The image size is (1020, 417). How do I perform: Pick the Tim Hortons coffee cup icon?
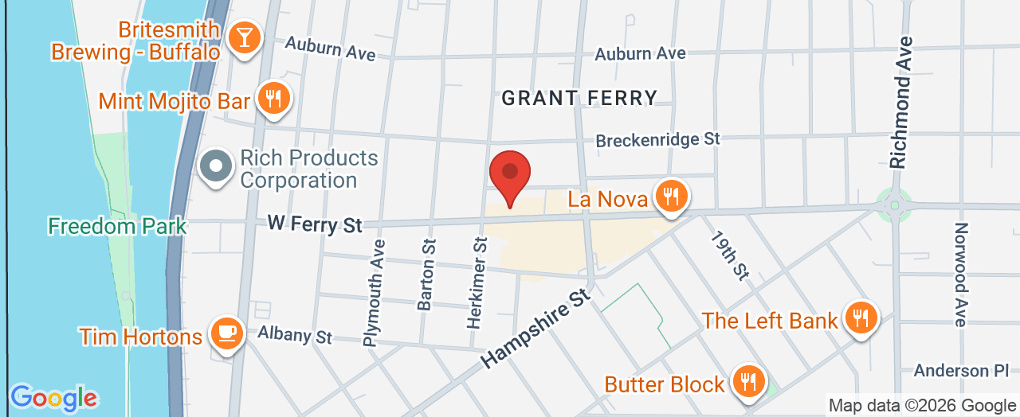(x=226, y=334)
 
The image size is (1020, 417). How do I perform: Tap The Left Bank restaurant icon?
(x=859, y=318)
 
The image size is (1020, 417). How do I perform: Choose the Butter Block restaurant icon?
(x=747, y=382)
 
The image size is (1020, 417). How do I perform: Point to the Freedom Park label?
(x=117, y=226)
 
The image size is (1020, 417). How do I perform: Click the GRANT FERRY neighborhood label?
(x=579, y=98)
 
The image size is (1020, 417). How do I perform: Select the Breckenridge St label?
(x=658, y=139)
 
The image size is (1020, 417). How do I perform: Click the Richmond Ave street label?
(x=900, y=102)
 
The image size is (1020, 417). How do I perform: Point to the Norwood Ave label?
(x=959, y=274)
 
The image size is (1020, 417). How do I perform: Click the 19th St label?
(x=732, y=256)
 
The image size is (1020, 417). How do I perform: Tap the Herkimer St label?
(x=480, y=283)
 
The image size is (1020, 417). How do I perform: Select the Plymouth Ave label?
(x=371, y=293)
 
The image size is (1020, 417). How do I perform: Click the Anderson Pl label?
(x=961, y=370)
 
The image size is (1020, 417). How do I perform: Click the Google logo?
(x=53, y=397)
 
